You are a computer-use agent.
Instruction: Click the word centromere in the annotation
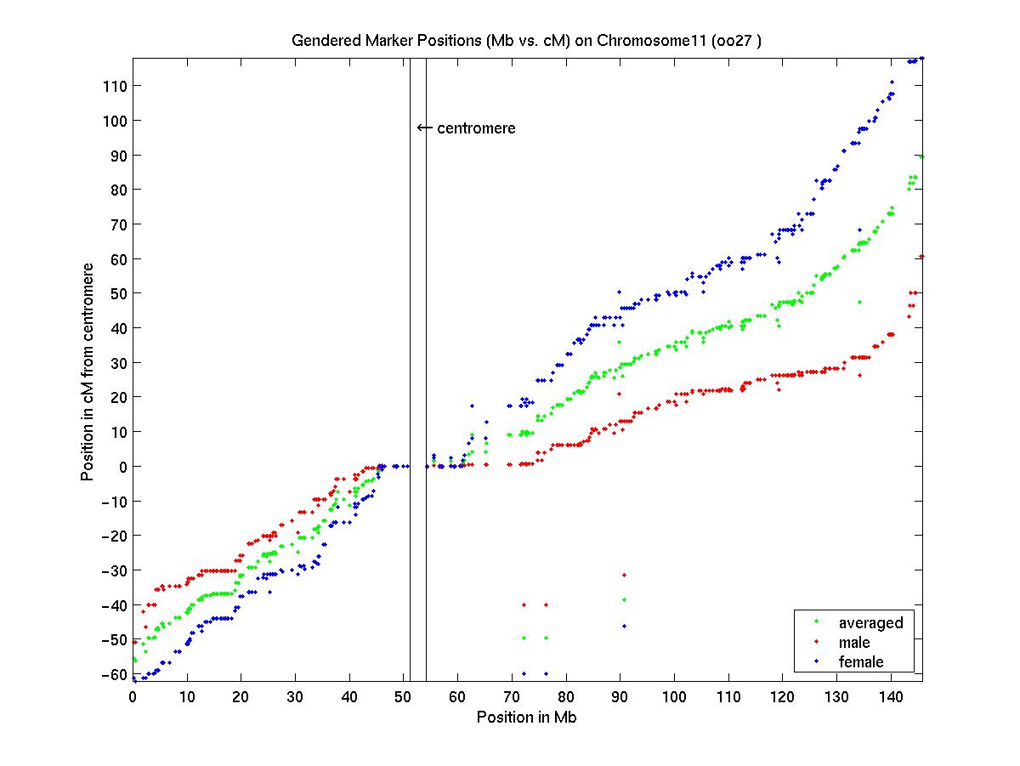(476, 128)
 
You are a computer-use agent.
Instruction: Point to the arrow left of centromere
(424, 128)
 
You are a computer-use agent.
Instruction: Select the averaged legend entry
(870, 623)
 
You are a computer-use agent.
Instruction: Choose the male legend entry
(854, 643)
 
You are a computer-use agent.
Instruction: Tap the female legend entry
(861, 661)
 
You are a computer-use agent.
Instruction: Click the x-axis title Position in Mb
(527, 717)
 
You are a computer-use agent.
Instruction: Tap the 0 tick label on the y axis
(122, 467)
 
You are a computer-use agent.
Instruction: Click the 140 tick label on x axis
(891, 696)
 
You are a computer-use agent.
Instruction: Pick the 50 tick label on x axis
(404, 696)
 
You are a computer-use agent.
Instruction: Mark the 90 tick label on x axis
(620, 696)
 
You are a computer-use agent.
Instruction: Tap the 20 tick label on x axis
(241, 696)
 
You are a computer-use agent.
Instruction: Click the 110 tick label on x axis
(728, 696)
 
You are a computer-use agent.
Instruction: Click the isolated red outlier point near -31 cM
(624, 576)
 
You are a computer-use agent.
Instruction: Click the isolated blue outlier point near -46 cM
(624, 626)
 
